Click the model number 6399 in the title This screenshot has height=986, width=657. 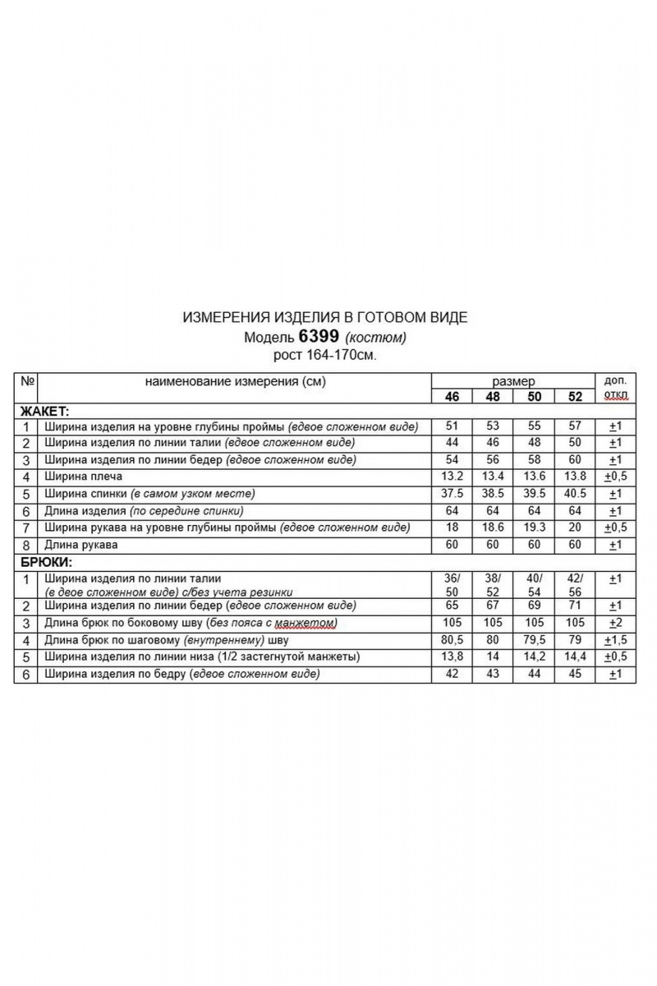pos(320,337)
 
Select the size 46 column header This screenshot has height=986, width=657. pos(452,396)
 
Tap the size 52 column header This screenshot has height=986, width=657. pos(575,396)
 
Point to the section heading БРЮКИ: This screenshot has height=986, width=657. pos(44,562)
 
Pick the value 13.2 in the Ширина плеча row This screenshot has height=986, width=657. pos(452,477)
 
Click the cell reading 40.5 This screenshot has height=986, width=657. pos(575,494)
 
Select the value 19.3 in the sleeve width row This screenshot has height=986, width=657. pos(534,527)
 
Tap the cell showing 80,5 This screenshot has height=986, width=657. pos(452,639)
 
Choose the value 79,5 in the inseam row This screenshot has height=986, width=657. pos(534,639)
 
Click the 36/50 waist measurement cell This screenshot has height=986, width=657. pos(452,584)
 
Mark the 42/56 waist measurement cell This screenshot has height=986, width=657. pos(575,584)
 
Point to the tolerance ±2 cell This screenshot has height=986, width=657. pos(615,623)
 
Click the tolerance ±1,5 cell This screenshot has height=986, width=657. pos(615,639)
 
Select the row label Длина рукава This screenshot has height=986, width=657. pos(81,544)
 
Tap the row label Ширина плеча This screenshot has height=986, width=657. pos(84,477)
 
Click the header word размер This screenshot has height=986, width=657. pos(513,381)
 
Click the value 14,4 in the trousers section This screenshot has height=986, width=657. pos(575,657)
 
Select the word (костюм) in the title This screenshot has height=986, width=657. pos(376,338)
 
